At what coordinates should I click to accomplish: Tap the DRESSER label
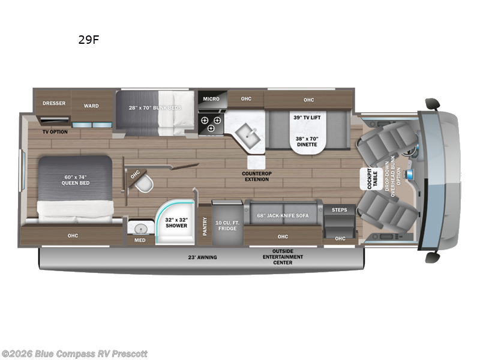tap(53, 103)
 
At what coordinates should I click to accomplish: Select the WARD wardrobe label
tap(91, 106)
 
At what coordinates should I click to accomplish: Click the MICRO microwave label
tap(211, 98)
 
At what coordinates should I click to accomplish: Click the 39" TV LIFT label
tap(306, 118)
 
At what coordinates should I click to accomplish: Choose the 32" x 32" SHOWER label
tap(176, 222)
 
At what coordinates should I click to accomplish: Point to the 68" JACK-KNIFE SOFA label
tap(283, 215)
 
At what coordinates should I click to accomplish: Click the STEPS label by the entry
tap(340, 210)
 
